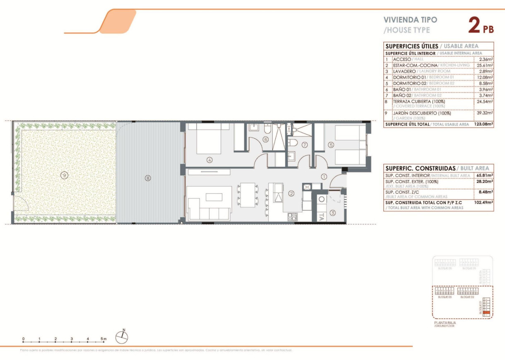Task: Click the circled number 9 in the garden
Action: point(64,175)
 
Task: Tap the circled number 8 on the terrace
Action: point(148,178)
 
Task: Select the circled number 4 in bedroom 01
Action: point(209,160)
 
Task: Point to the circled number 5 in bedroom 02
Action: point(331,145)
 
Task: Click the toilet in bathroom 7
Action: point(293,143)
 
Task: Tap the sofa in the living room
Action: point(209,204)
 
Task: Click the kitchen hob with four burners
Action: point(292,216)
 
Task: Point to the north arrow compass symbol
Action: point(122,337)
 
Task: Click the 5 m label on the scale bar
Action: point(103,339)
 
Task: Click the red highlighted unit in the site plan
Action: point(486,312)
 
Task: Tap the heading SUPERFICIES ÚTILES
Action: point(411,46)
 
